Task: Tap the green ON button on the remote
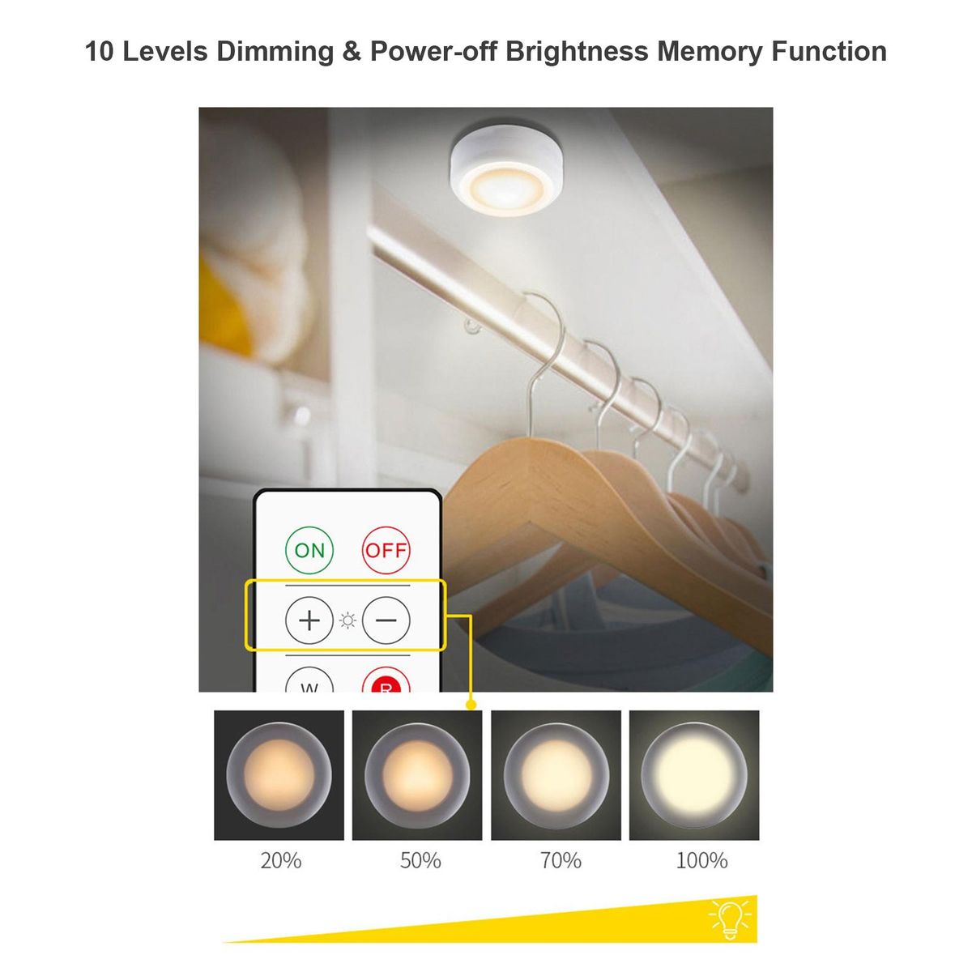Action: point(309,550)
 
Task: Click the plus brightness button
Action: point(309,620)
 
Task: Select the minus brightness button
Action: point(386,620)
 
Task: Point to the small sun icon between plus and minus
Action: point(347,620)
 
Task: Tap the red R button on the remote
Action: point(386,680)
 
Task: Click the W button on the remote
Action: point(309,680)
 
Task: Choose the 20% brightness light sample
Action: point(279,775)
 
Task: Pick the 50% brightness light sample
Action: point(417,775)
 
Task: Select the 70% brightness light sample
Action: point(556,775)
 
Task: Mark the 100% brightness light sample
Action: point(694,775)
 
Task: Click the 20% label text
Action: point(281,860)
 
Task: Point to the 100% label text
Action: point(701,860)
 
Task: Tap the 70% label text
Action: point(561,860)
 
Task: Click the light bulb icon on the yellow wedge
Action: point(730,920)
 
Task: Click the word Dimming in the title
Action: point(275,52)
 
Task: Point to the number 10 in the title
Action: point(100,52)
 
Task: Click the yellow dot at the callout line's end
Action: point(471,705)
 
